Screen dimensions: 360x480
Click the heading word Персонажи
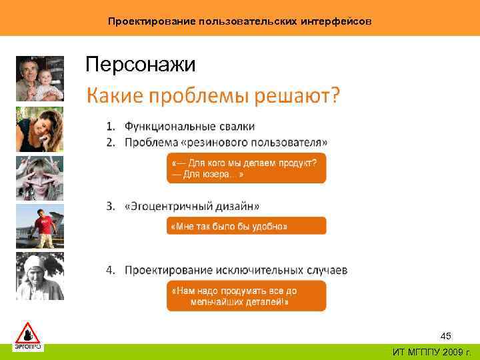point(141,65)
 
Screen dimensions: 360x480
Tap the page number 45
point(446,336)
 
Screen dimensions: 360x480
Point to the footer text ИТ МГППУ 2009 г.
point(431,352)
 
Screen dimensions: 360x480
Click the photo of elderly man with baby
point(39,79)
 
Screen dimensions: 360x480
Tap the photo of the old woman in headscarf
point(39,276)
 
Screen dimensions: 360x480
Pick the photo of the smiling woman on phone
point(39,129)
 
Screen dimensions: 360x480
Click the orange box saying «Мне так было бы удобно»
point(246,226)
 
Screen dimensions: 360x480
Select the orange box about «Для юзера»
point(246,168)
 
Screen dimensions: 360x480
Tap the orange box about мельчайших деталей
point(246,295)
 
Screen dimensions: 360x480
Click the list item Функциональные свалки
point(189,127)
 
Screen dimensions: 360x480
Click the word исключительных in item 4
point(257,270)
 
